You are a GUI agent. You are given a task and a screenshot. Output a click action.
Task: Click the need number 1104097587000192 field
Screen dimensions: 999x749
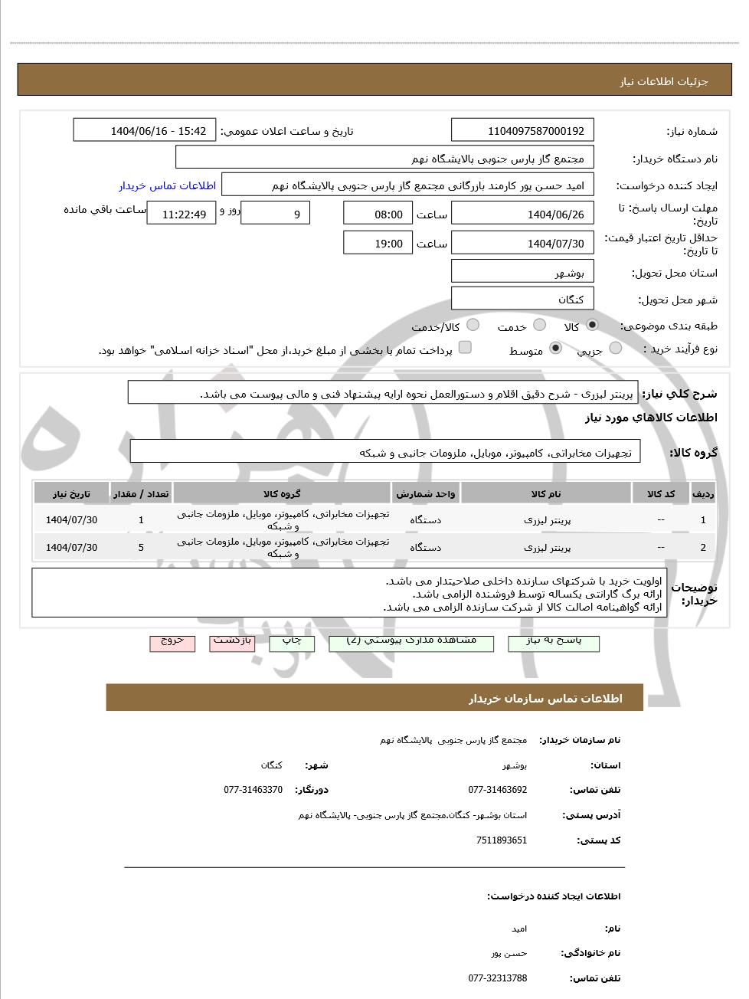tap(522, 130)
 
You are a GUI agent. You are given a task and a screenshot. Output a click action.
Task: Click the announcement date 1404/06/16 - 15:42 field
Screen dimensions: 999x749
tap(145, 130)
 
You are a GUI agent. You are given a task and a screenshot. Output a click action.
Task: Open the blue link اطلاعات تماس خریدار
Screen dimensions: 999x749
tap(167, 185)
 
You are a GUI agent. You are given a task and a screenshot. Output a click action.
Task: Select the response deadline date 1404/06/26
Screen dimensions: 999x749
tap(522, 214)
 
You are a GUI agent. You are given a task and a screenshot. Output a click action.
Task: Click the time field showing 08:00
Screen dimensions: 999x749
tap(378, 214)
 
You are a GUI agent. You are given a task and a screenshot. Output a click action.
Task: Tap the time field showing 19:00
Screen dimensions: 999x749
tap(378, 244)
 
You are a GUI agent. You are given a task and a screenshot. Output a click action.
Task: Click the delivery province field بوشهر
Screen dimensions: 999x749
tap(522, 272)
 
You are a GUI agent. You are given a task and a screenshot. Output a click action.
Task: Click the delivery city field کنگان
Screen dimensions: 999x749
tap(522, 299)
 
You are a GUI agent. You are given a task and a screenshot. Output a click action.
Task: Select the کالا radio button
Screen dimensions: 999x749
tap(592, 325)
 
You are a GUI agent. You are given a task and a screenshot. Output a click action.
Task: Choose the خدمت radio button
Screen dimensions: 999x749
tap(540, 325)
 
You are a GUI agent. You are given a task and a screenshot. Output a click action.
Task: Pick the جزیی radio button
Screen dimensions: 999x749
tap(616, 349)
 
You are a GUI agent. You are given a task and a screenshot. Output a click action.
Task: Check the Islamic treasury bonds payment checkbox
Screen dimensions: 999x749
tap(465, 348)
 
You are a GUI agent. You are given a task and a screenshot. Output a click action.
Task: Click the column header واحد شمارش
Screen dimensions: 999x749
tap(426, 493)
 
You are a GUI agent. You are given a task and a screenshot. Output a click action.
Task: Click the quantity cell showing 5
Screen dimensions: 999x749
tap(141, 547)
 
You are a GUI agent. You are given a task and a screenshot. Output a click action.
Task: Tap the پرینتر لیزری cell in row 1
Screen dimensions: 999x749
tap(547, 519)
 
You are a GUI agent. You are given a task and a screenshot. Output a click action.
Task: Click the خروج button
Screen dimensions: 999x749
tap(172, 642)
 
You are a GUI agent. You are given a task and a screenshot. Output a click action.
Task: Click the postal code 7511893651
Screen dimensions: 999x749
tap(501, 840)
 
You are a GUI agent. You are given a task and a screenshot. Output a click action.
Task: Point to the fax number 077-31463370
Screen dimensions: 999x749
tap(253, 789)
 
